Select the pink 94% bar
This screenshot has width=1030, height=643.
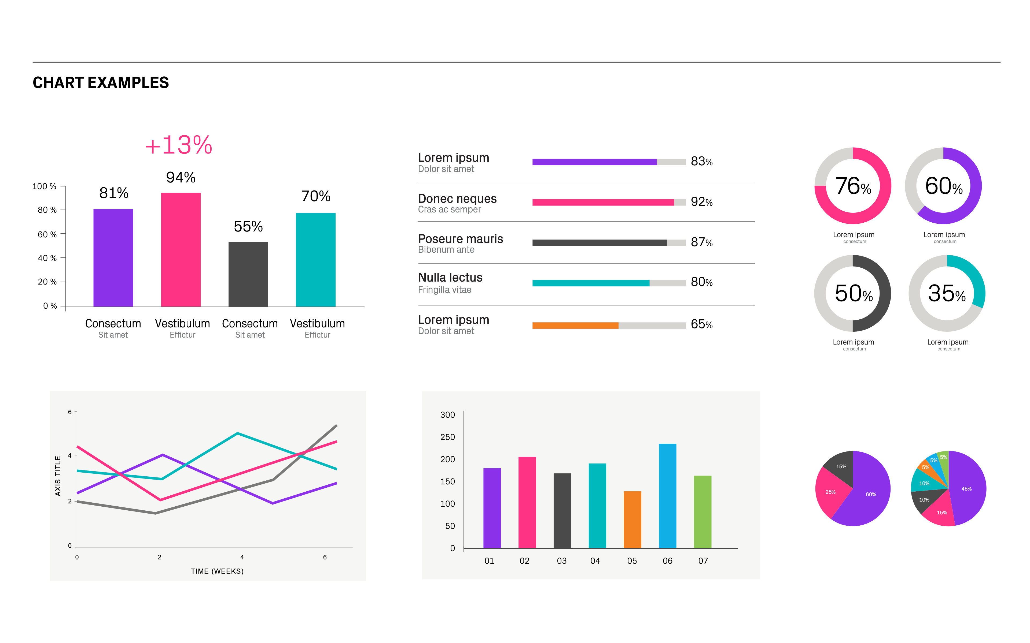pos(181,250)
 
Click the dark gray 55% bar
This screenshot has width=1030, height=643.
pos(248,274)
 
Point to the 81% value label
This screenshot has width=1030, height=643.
pos(114,193)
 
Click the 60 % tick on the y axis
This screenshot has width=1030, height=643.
pos(47,234)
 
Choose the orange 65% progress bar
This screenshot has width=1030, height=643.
pos(575,326)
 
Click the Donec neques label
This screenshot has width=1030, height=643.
pos(457,199)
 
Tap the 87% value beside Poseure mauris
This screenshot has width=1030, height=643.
pos(701,242)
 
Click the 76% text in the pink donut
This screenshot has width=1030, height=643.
pos(853,186)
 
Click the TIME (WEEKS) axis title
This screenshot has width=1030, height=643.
pos(217,571)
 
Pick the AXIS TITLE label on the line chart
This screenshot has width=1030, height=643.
pos(58,476)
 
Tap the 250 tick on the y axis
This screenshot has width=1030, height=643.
pos(447,437)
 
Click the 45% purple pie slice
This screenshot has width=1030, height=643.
pos(968,489)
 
